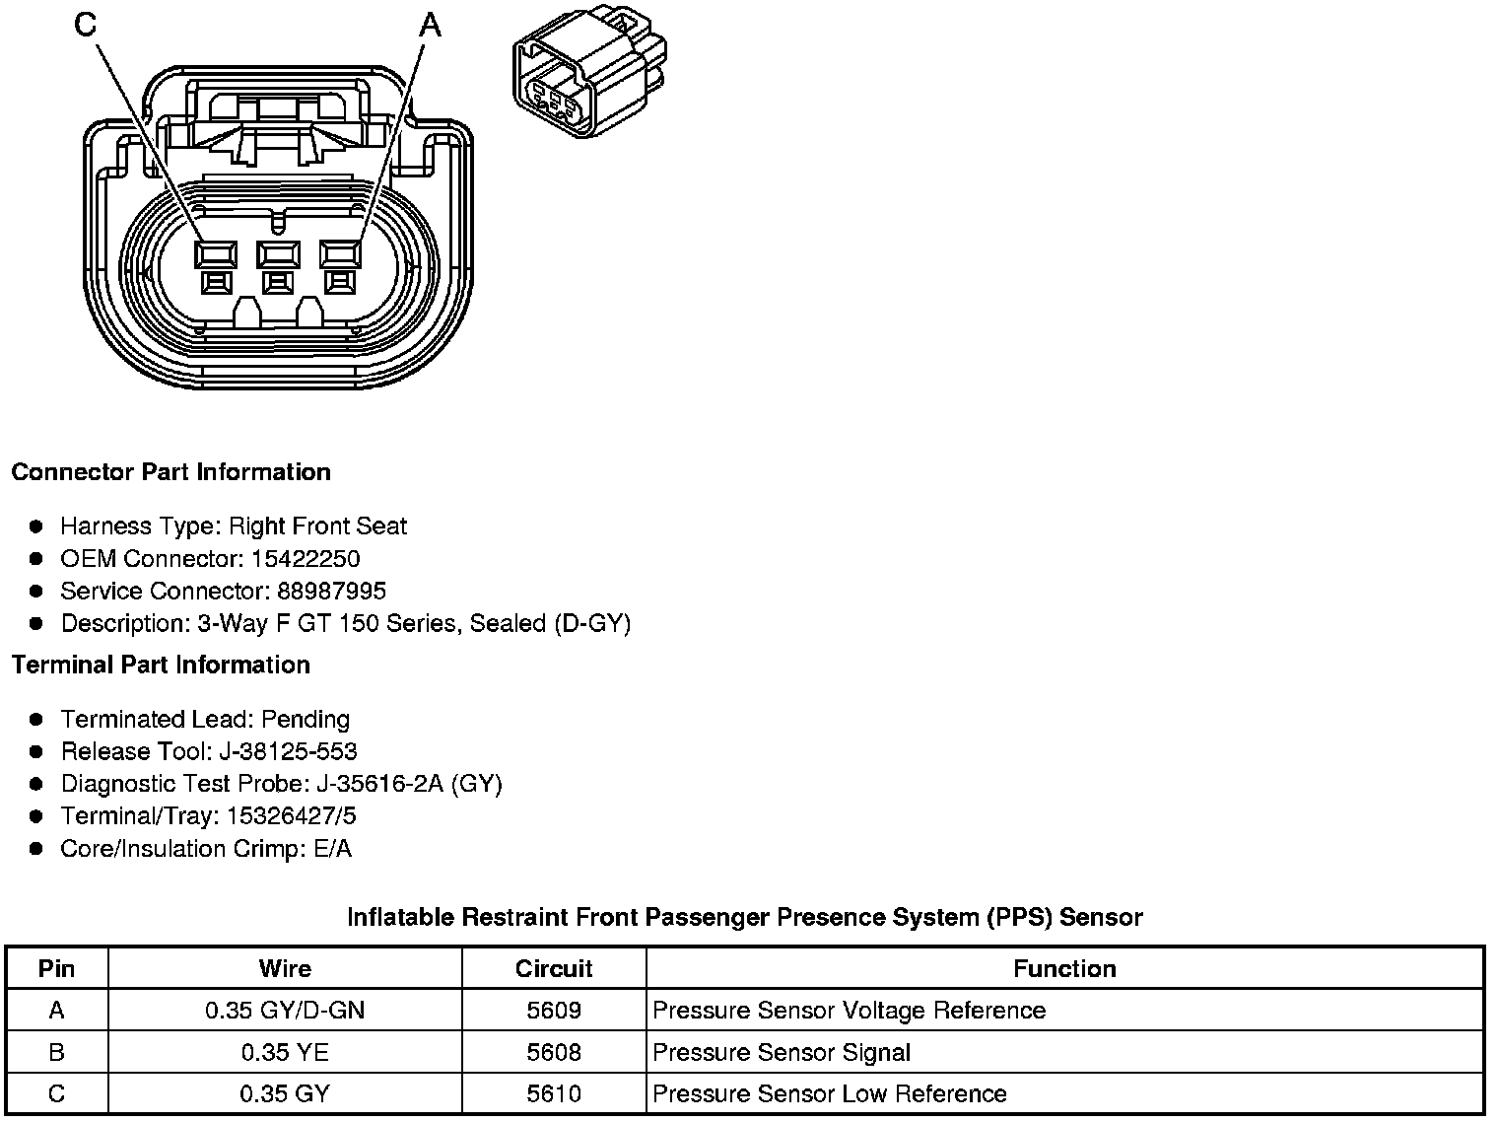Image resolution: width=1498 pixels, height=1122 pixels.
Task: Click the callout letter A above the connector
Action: (x=430, y=25)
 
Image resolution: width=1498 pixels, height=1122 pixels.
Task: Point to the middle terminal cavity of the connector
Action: (x=277, y=255)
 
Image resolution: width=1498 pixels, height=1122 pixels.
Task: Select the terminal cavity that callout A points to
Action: (x=341, y=255)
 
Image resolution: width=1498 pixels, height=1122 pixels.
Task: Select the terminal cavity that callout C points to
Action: (x=215, y=255)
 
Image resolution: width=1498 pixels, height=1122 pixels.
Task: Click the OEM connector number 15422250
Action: (x=306, y=559)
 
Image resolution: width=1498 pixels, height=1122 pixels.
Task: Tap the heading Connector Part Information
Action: (x=170, y=472)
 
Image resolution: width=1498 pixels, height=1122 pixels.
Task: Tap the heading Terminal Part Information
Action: (x=161, y=666)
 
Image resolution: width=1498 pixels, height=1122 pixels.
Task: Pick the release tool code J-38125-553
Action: (x=288, y=752)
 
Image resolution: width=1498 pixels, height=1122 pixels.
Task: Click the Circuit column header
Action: (x=554, y=969)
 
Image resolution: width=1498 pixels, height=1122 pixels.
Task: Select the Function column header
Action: (x=1064, y=969)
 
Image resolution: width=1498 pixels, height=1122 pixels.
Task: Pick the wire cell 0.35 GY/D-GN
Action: (x=285, y=1011)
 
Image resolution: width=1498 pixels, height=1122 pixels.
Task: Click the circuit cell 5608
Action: (x=554, y=1053)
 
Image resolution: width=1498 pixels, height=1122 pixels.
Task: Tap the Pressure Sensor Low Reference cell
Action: (x=830, y=1094)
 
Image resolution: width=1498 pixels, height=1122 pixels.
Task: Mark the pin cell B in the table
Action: (x=56, y=1053)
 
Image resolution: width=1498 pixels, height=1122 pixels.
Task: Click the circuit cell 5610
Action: (x=554, y=1094)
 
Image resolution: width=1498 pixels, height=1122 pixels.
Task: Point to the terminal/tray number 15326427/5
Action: (x=292, y=817)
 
